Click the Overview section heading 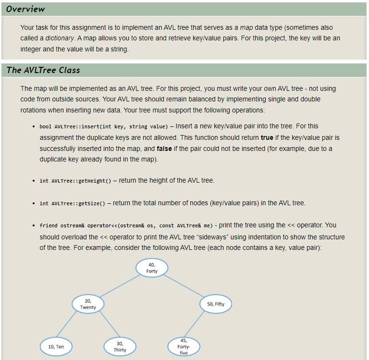click(26, 9)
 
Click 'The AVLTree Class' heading click(43, 70)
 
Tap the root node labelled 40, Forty click(152, 268)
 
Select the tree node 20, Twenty click(88, 304)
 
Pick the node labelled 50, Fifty click(215, 304)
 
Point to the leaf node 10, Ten click(56, 346)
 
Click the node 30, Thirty click(120, 346)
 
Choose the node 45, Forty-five click(184, 347)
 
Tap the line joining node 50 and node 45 click(198, 326)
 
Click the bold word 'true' click(267, 137)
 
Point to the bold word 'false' click(164, 148)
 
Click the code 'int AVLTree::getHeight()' click(75, 181)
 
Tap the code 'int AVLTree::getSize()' click(73, 203)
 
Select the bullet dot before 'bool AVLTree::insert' click(33, 127)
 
